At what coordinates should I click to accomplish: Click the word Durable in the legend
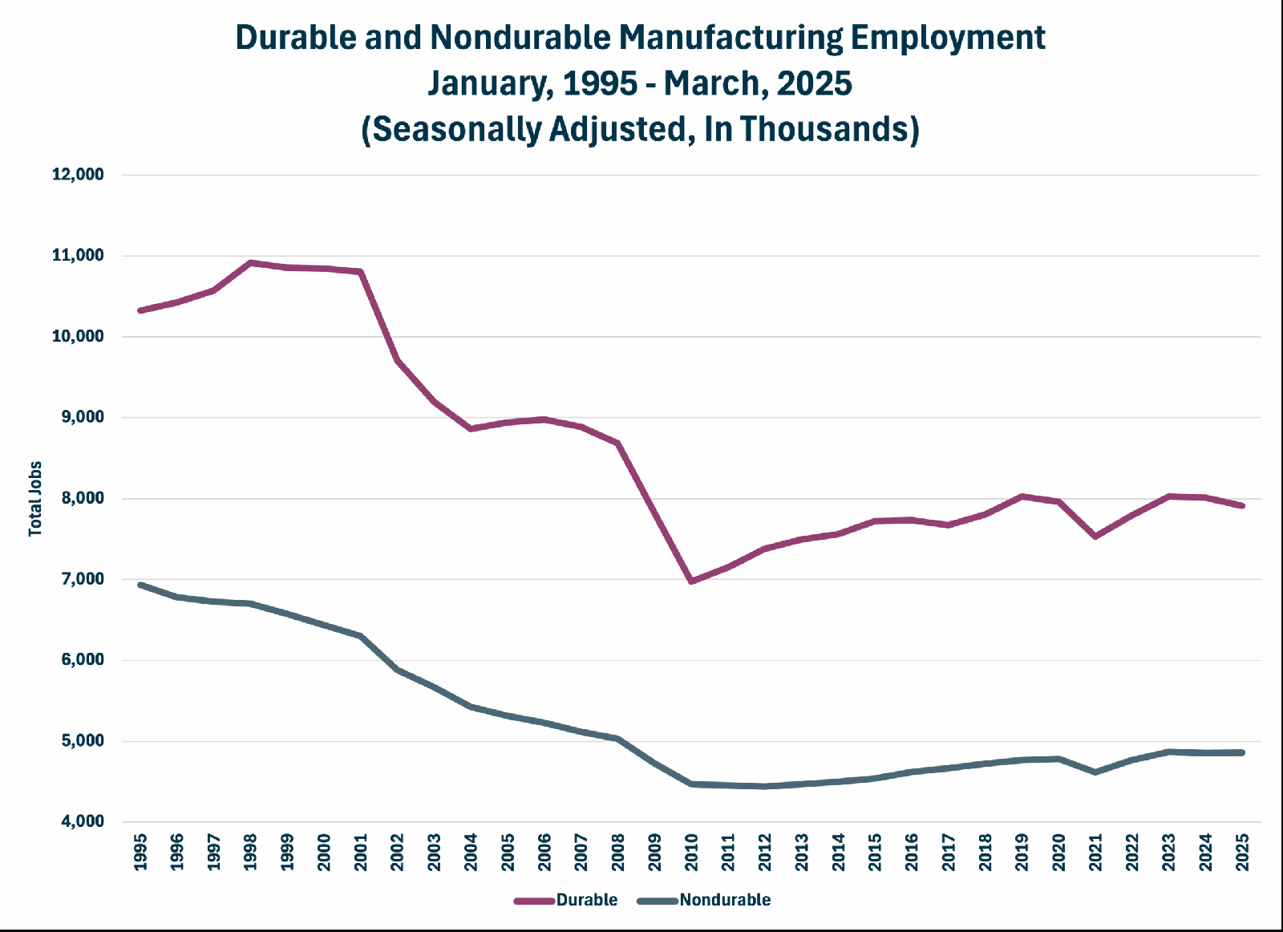(x=586, y=900)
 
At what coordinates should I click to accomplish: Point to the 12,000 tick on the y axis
(x=79, y=174)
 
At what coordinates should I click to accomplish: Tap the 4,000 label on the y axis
(x=83, y=821)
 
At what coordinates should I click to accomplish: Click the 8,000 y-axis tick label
(x=83, y=498)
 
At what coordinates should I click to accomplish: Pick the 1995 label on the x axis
(x=140, y=853)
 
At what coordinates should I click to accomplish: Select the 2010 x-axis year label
(x=691, y=853)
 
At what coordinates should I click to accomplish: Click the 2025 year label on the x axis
(x=1242, y=853)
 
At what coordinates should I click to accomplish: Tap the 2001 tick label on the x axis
(x=361, y=853)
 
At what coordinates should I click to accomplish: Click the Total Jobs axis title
(x=35, y=498)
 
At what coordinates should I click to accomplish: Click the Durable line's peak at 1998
(x=250, y=263)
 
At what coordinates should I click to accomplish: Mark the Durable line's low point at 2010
(x=691, y=581)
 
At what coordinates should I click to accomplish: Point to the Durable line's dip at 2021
(x=1095, y=537)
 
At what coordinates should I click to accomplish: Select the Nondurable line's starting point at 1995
(x=140, y=585)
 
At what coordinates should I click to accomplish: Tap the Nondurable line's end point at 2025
(x=1242, y=752)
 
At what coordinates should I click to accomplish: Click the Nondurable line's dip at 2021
(x=1095, y=772)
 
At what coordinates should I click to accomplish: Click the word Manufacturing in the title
(x=731, y=38)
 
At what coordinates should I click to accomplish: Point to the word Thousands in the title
(x=825, y=129)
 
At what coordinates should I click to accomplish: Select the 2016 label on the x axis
(x=912, y=853)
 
